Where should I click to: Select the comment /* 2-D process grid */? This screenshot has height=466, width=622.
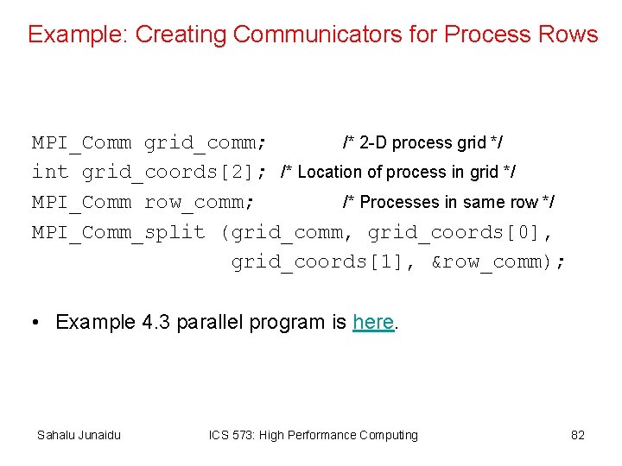[x=423, y=142]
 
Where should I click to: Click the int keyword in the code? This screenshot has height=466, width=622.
[x=50, y=172]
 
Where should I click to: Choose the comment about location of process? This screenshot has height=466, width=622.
[x=398, y=172]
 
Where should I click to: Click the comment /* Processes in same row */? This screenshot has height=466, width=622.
[x=448, y=202]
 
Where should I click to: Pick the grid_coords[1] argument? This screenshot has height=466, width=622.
[x=324, y=261]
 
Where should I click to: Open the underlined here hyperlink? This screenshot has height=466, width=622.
[x=373, y=323]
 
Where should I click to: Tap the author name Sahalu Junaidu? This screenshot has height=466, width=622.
[x=79, y=435]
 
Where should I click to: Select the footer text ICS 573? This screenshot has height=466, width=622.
[x=237, y=435]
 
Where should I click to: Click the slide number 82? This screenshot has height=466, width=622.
[x=578, y=435]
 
